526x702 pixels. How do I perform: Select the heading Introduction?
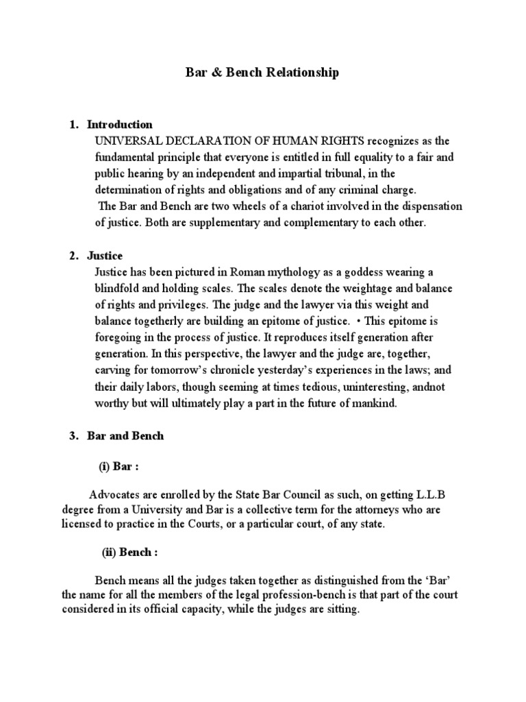coord(120,125)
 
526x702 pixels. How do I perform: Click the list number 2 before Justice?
coord(74,256)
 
